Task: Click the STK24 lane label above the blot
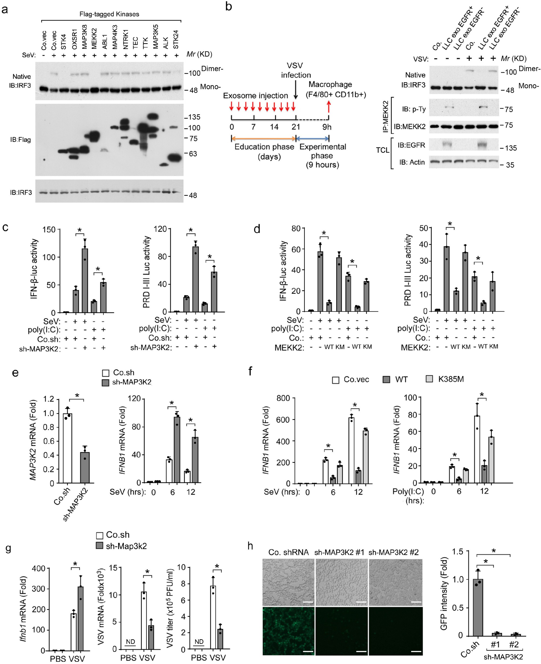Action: [x=176, y=40]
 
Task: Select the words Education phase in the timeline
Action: [x=264, y=147]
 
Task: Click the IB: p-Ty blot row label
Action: [x=414, y=109]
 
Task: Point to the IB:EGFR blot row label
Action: [x=411, y=145]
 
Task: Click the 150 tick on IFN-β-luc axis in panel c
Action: [x=49, y=230]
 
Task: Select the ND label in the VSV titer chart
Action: [x=199, y=642]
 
